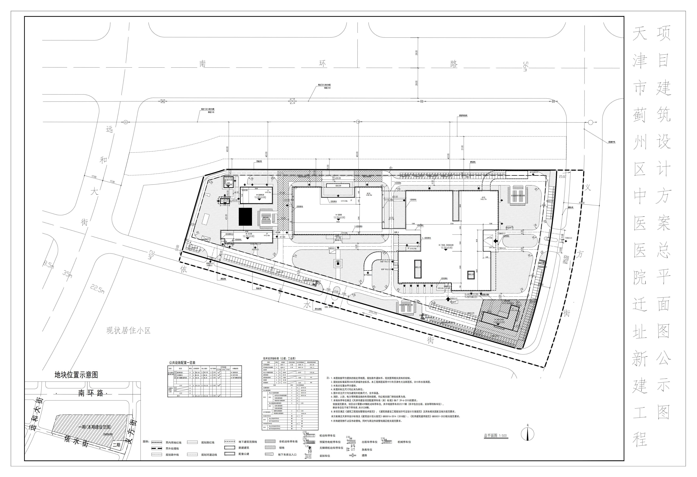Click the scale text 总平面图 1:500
coord(495,436)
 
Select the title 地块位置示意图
coord(76,375)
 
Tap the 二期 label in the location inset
coord(116,445)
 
